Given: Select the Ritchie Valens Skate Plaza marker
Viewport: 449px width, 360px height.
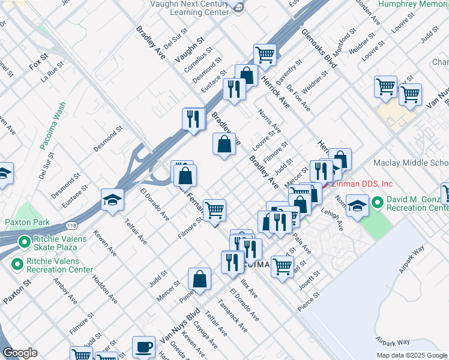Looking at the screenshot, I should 25,242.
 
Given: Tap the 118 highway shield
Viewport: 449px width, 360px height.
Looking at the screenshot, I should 71,224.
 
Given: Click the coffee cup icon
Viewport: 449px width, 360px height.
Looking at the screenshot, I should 143,346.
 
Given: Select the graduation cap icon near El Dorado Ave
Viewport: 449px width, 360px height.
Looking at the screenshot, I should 112,199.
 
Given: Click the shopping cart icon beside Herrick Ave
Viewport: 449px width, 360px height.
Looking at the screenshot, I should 265,55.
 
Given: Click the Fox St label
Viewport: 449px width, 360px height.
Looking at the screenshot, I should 38,61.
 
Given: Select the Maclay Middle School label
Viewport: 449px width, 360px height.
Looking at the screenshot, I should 411,163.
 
